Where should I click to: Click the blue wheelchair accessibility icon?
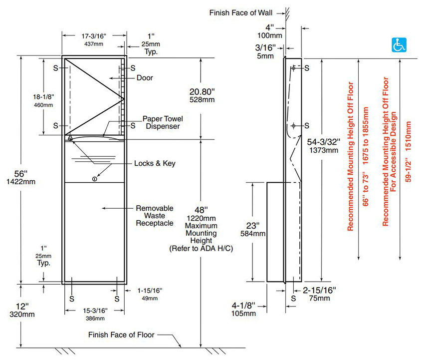click(397, 45)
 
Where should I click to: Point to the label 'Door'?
click(145, 78)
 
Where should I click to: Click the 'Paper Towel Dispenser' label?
click(163, 122)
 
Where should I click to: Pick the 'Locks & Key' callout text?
click(155, 163)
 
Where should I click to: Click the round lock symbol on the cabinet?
click(94, 178)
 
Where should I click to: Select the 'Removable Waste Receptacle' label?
click(155, 215)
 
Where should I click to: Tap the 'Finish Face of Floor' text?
click(121, 335)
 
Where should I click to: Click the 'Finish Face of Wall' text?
click(240, 11)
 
